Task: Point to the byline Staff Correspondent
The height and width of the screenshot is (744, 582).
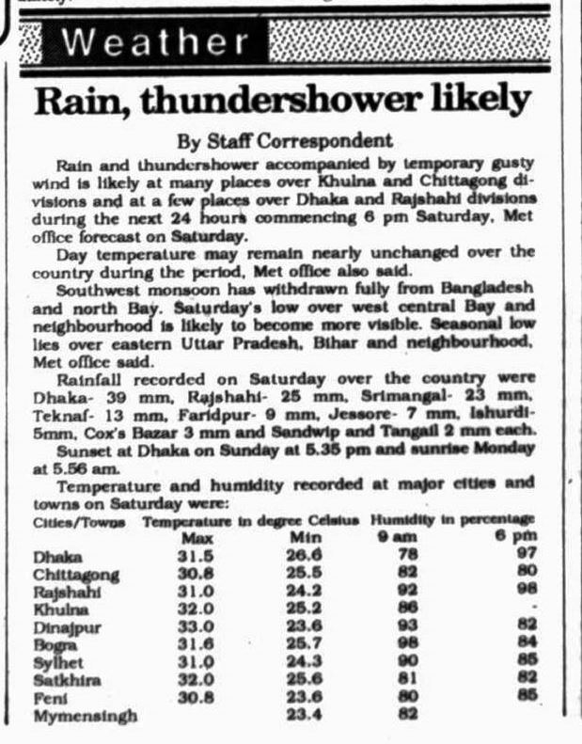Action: [x=285, y=141]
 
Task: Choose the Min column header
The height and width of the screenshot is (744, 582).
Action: [x=301, y=538]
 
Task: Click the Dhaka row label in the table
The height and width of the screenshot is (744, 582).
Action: [x=57, y=557]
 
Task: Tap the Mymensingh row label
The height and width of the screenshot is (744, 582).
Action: [x=84, y=717]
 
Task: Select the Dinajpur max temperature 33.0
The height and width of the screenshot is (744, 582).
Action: [x=196, y=626]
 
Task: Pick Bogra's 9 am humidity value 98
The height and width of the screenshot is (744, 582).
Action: [x=407, y=644]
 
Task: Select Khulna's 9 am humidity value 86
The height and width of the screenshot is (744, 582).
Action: [x=407, y=609]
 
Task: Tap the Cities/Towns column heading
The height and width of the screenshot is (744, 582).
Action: [x=79, y=521]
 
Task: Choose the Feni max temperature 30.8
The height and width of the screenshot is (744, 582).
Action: [x=196, y=698]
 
